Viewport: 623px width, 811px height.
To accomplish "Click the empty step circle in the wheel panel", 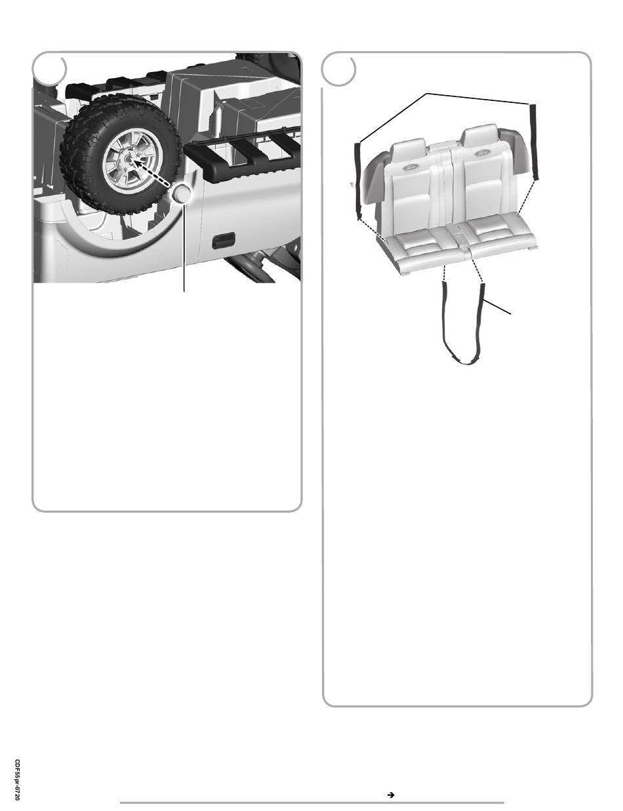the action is [50, 69].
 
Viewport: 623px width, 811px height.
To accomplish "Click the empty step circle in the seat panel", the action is [339, 69].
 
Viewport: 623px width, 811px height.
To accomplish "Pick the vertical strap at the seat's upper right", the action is [534, 142].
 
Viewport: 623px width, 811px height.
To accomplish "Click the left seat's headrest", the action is [408, 149].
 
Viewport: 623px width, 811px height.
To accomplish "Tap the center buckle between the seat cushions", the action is [462, 244].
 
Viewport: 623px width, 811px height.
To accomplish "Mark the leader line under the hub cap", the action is [184, 248].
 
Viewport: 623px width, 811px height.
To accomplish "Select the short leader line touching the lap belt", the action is [497, 307].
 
